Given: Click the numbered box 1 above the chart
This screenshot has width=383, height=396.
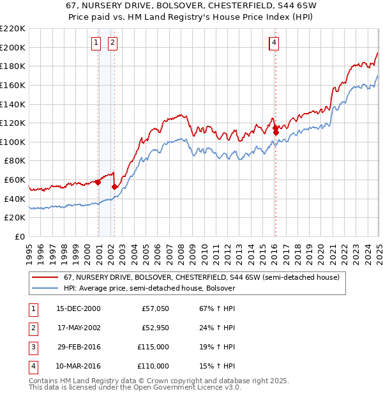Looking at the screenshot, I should click(x=95, y=43).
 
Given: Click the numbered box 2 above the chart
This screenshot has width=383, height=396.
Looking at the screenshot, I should click(x=112, y=43).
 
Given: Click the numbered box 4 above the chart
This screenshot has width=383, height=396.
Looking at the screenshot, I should click(x=274, y=43).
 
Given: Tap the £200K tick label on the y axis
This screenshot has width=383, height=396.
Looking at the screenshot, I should click(x=13, y=47).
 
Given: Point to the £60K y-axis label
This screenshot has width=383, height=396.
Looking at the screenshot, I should click(x=15, y=180).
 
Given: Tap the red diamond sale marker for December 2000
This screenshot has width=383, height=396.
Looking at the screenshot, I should click(x=98, y=182).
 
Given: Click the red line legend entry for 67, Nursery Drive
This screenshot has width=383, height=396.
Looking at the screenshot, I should click(x=188, y=277).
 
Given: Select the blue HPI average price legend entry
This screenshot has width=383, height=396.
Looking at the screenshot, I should click(x=149, y=288).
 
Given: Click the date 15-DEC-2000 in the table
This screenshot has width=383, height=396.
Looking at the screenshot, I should click(x=79, y=309).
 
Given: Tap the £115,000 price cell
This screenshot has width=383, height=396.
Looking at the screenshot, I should click(x=154, y=347).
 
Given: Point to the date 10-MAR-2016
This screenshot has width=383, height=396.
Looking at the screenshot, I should click(x=79, y=367).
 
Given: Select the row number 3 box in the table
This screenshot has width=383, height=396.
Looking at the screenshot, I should click(x=32, y=347).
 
